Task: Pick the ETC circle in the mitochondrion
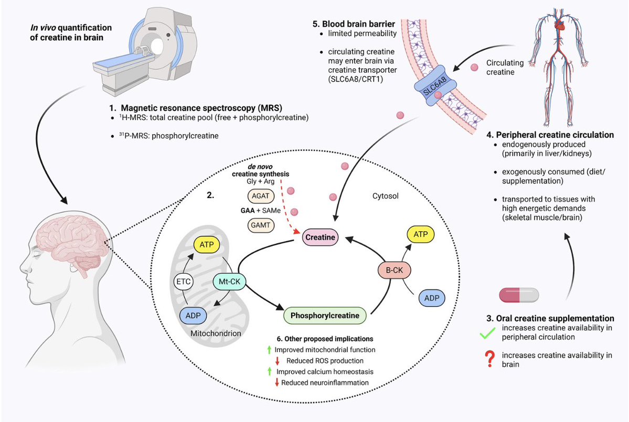(x=183, y=281)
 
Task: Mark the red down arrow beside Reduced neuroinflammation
(x=276, y=383)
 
